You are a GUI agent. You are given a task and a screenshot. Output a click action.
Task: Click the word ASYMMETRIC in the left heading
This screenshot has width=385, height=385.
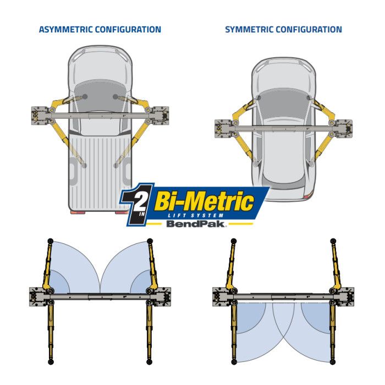[66, 30]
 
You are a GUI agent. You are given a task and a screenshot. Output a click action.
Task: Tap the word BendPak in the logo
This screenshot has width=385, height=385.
[195, 224]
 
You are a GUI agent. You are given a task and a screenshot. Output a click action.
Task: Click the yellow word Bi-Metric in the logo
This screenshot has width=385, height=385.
[204, 201]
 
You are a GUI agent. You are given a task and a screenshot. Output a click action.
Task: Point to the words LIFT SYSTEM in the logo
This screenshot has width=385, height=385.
[196, 216]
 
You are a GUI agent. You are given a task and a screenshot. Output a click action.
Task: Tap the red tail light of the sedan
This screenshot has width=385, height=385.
[307, 196]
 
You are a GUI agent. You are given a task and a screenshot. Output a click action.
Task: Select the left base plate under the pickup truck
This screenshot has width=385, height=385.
[39, 116]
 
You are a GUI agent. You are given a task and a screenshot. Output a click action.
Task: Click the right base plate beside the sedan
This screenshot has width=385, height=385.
[344, 129]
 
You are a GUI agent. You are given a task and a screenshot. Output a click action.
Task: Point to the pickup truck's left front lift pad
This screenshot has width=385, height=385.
[85, 96]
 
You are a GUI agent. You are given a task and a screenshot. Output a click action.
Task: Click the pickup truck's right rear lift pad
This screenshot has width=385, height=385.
[116, 166]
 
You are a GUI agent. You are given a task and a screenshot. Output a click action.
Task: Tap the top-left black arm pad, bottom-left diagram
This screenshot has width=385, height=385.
[50, 241]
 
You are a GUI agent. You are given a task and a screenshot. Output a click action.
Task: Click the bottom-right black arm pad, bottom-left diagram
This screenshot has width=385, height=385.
[149, 362]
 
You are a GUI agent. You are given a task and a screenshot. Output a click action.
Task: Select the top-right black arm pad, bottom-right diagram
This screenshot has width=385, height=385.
[333, 241]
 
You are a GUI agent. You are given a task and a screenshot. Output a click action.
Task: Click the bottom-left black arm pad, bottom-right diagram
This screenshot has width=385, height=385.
[234, 362]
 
